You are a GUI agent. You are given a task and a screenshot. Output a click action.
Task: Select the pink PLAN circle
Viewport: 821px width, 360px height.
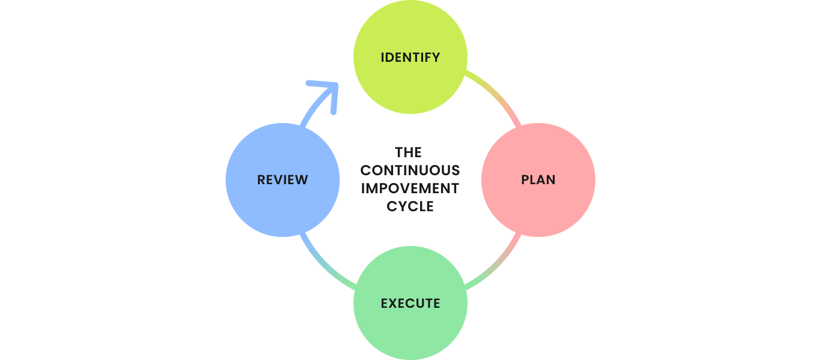click(x=538, y=204)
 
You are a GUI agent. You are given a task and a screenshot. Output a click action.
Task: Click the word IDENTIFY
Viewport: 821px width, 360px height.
click(x=410, y=58)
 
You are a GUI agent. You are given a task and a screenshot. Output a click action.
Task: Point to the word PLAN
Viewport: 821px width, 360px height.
click(x=538, y=179)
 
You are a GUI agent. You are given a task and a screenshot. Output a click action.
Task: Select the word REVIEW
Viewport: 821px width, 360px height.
click(x=283, y=179)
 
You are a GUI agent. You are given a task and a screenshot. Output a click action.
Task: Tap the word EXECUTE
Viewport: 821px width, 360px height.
click(x=410, y=303)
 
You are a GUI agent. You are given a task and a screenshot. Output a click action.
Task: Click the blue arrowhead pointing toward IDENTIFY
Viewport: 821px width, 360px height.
click(x=327, y=90)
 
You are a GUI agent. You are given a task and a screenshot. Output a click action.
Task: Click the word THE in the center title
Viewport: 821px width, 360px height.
click(x=409, y=153)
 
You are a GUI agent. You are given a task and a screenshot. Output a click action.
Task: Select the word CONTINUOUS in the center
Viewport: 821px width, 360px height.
click(x=410, y=170)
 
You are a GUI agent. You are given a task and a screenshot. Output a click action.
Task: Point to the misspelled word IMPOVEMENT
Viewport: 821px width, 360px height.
click(x=410, y=188)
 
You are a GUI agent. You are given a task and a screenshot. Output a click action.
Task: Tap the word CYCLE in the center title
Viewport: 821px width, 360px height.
click(x=410, y=206)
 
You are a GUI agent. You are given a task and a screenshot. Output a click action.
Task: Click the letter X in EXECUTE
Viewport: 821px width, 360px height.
click(x=395, y=303)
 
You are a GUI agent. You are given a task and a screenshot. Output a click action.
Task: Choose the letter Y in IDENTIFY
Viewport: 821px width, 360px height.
click(x=435, y=58)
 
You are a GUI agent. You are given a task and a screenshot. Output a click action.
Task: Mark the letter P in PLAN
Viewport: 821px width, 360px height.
click(x=525, y=179)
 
